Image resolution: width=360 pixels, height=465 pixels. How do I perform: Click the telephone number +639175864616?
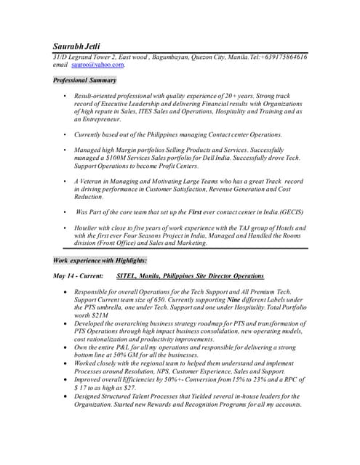tap(279, 57)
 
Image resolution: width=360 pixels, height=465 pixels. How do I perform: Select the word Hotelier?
tap(89, 227)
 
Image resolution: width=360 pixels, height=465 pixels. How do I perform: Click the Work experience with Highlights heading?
tap(100, 259)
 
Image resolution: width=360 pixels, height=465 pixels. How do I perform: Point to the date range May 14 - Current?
tap(79, 277)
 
